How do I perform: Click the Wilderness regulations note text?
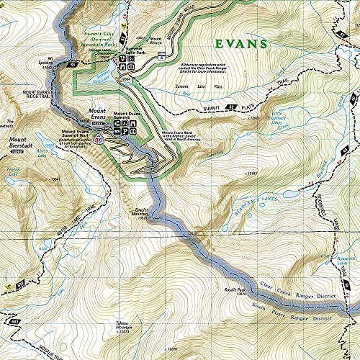coord(209,68)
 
